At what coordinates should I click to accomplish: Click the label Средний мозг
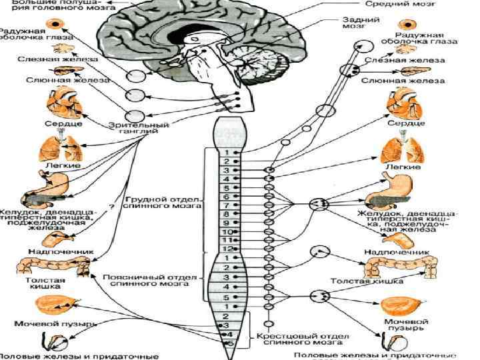(406, 5)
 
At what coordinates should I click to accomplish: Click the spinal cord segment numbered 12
(227, 248)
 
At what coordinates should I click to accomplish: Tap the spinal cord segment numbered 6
(227, 197)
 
